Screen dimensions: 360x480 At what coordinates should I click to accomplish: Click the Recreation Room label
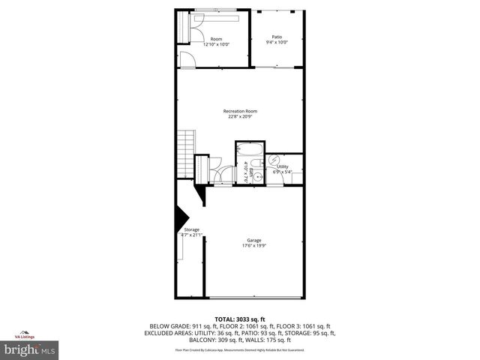[x=241, y=111]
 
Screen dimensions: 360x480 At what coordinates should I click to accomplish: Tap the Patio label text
[x=276, y=37]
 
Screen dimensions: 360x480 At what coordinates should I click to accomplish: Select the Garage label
[x=255, y=240]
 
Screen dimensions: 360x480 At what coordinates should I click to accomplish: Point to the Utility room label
[x=283, y=166]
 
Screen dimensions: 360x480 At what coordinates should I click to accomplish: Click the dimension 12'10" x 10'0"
[x=216, y=44]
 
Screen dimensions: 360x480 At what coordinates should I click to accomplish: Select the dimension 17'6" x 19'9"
[x=255, y=246]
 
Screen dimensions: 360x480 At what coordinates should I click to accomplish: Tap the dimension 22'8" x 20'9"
[x=241, y=117]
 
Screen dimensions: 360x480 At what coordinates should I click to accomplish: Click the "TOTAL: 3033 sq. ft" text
[x=241, y=319]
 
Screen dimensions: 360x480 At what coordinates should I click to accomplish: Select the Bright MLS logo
[x=29, y=349]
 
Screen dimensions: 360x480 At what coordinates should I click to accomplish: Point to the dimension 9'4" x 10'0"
[x=276, y=43]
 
